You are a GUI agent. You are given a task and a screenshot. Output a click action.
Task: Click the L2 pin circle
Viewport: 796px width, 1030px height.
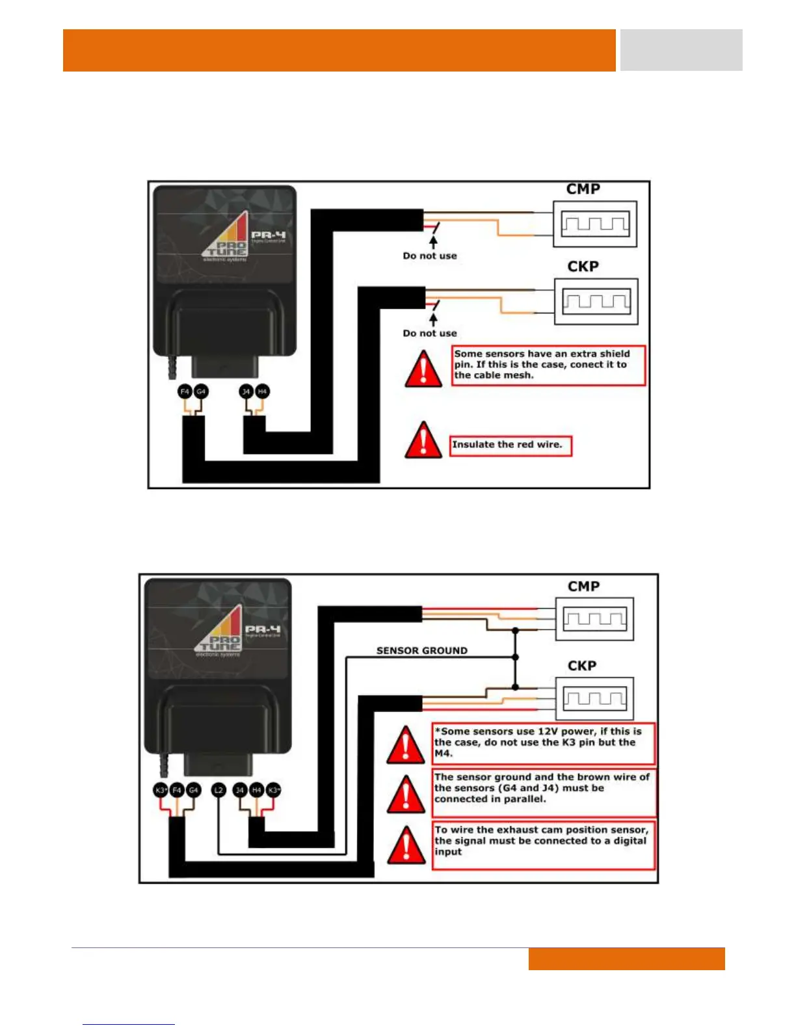[x=219, y=790]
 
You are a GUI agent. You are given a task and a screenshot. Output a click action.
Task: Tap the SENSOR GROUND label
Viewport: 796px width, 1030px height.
[x=421, y=650]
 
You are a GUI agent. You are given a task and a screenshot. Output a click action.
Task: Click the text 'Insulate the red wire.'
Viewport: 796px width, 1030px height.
[x=507, y=445]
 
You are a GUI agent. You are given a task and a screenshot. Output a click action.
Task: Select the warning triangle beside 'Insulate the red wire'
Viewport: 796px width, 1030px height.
[x=423, y=440]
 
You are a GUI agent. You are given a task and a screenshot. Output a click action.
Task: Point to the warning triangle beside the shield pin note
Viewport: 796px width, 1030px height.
[x=423, y=369]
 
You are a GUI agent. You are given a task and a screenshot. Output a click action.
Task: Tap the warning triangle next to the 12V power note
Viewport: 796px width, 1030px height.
[x=406, y=745]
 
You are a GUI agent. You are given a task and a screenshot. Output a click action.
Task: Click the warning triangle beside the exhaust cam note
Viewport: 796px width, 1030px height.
[x=406, y=845]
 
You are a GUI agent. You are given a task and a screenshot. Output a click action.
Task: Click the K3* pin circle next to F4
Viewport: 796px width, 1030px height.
[x=161, y=790]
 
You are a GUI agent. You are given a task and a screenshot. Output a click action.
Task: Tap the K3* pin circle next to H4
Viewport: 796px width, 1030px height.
[x=274, y=790]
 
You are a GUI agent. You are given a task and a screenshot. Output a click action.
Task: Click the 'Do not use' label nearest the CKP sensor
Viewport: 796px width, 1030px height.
[x=430, y=333]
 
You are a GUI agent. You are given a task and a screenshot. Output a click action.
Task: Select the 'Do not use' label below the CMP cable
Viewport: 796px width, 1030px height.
[x=430, y=256]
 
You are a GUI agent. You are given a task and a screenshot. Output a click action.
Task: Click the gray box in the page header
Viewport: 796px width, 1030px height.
[x=681, y=50]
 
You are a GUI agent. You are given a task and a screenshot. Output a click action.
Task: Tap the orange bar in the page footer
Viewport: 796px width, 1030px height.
[x=626, y=958]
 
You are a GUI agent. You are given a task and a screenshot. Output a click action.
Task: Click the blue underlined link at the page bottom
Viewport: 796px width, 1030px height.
[x=129, y=1023]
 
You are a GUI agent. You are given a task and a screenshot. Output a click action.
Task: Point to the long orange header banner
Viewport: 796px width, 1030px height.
[x=339, y=50]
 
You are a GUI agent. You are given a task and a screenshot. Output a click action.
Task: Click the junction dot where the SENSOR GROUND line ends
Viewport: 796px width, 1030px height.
[x=516, y=657]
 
